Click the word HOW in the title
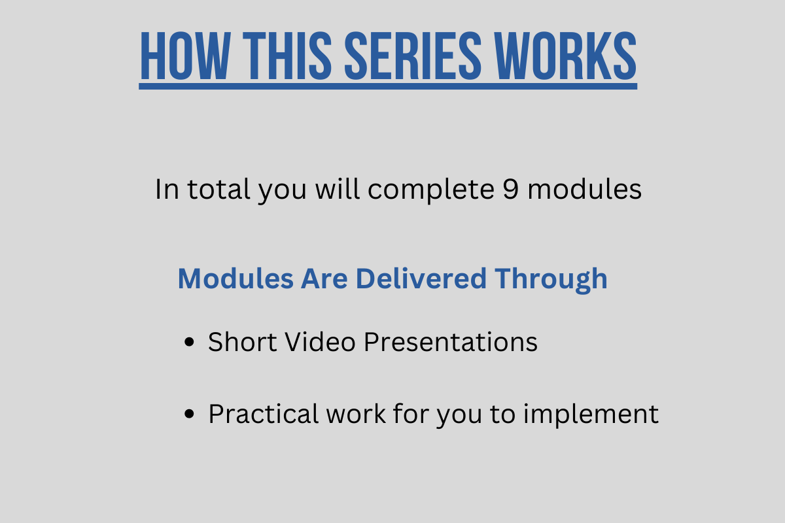(186, 56)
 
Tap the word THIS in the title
(287, 56)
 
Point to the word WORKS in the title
(565, 56)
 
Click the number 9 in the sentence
(510, 189)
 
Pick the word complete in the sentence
(431, 190)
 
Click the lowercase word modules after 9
(585, 189)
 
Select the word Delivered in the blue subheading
(421, 279)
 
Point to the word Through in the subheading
(551, 280)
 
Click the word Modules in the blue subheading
(235, 279)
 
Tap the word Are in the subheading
(324, 279)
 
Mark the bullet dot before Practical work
(189, 414)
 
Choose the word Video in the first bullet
(320, 342)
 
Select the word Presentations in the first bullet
(450, 342)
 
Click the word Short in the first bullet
(242, 342)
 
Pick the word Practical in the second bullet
(264, 414)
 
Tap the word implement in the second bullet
(591, 414)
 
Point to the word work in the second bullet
(356, 414)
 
